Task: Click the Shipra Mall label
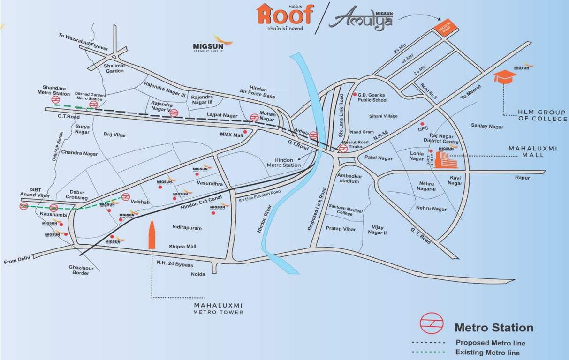(182, 247)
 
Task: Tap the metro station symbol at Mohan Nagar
(254, 118)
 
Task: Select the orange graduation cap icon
(504, 77)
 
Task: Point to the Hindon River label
(261, 219)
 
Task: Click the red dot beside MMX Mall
(245, 132)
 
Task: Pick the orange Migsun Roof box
(443, 30)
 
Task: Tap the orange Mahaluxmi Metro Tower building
(152, 234)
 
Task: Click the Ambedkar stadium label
(349, 178)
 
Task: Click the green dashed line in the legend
(428, 352)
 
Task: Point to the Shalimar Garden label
(114, 68)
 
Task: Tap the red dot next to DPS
(422, 124)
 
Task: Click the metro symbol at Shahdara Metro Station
(56, 99)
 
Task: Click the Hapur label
(522, 178)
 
